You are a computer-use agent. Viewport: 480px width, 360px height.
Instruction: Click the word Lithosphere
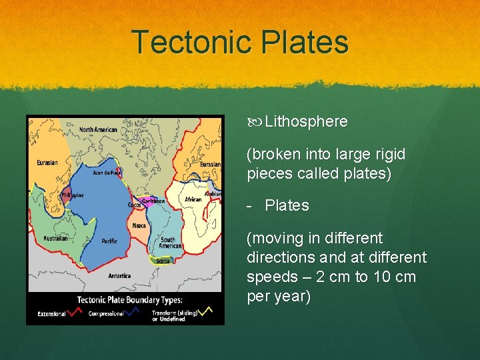pyautogui.click(x=306, y=121)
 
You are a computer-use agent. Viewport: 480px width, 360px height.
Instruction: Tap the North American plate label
pyautogui.click(x=98, y=130)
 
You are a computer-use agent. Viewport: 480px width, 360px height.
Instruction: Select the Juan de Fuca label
pyautogui.click(x=107, y=173)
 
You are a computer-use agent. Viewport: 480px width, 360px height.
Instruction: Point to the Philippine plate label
pyautogui.click(x=71, y=195)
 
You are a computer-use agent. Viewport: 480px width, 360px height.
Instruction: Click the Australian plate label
pyautogui.click(x=56, y=238)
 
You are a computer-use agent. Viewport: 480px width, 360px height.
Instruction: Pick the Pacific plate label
pyautogui.click(x=109, y=241)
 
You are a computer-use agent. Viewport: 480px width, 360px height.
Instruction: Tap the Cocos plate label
pyautogui.click(x=135, y=205)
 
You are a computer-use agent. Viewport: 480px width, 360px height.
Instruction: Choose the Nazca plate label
pyautogui.click(x=139, y=225)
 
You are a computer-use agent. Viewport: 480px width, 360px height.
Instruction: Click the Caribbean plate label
pyautogui.click(x=153, y=200)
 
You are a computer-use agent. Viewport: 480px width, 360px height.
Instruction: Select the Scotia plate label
pyautogui.click(x=163, y=261)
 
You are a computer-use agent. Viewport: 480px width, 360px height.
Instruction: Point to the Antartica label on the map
pyautogui.click(x=119, y=275)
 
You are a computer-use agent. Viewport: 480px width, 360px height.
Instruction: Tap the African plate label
pyautogui.click(x=193, y=199)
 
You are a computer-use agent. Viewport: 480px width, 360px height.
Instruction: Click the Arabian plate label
pyautogui.click(x=213, y=194)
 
